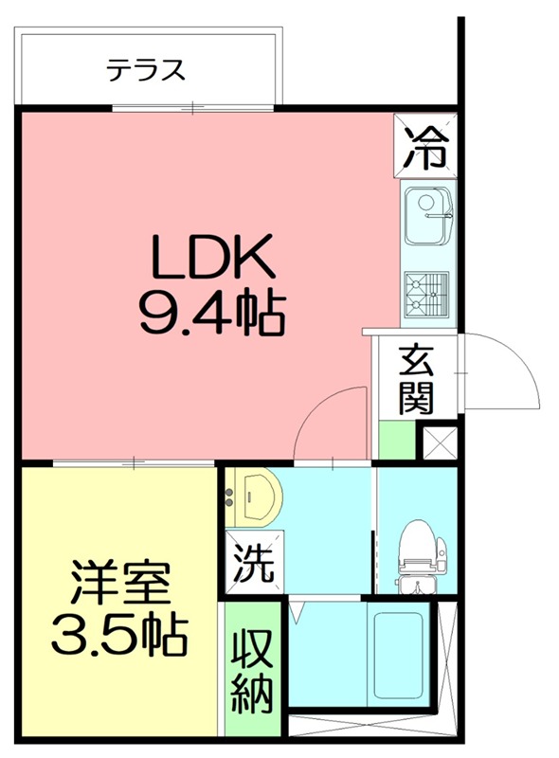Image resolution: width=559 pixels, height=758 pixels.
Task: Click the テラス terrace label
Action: [x=145, y=69]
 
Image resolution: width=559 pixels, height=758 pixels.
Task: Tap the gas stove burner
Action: [x=425, y=292]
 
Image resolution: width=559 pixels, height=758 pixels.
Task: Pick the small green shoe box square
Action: [x=396, y=442]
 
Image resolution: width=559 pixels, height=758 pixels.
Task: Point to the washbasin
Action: [x=255, y=496]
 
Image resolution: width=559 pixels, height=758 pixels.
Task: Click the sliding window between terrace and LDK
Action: [x=194, y=108]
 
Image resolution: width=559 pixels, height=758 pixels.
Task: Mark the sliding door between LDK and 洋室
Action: [x=133, y=463]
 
